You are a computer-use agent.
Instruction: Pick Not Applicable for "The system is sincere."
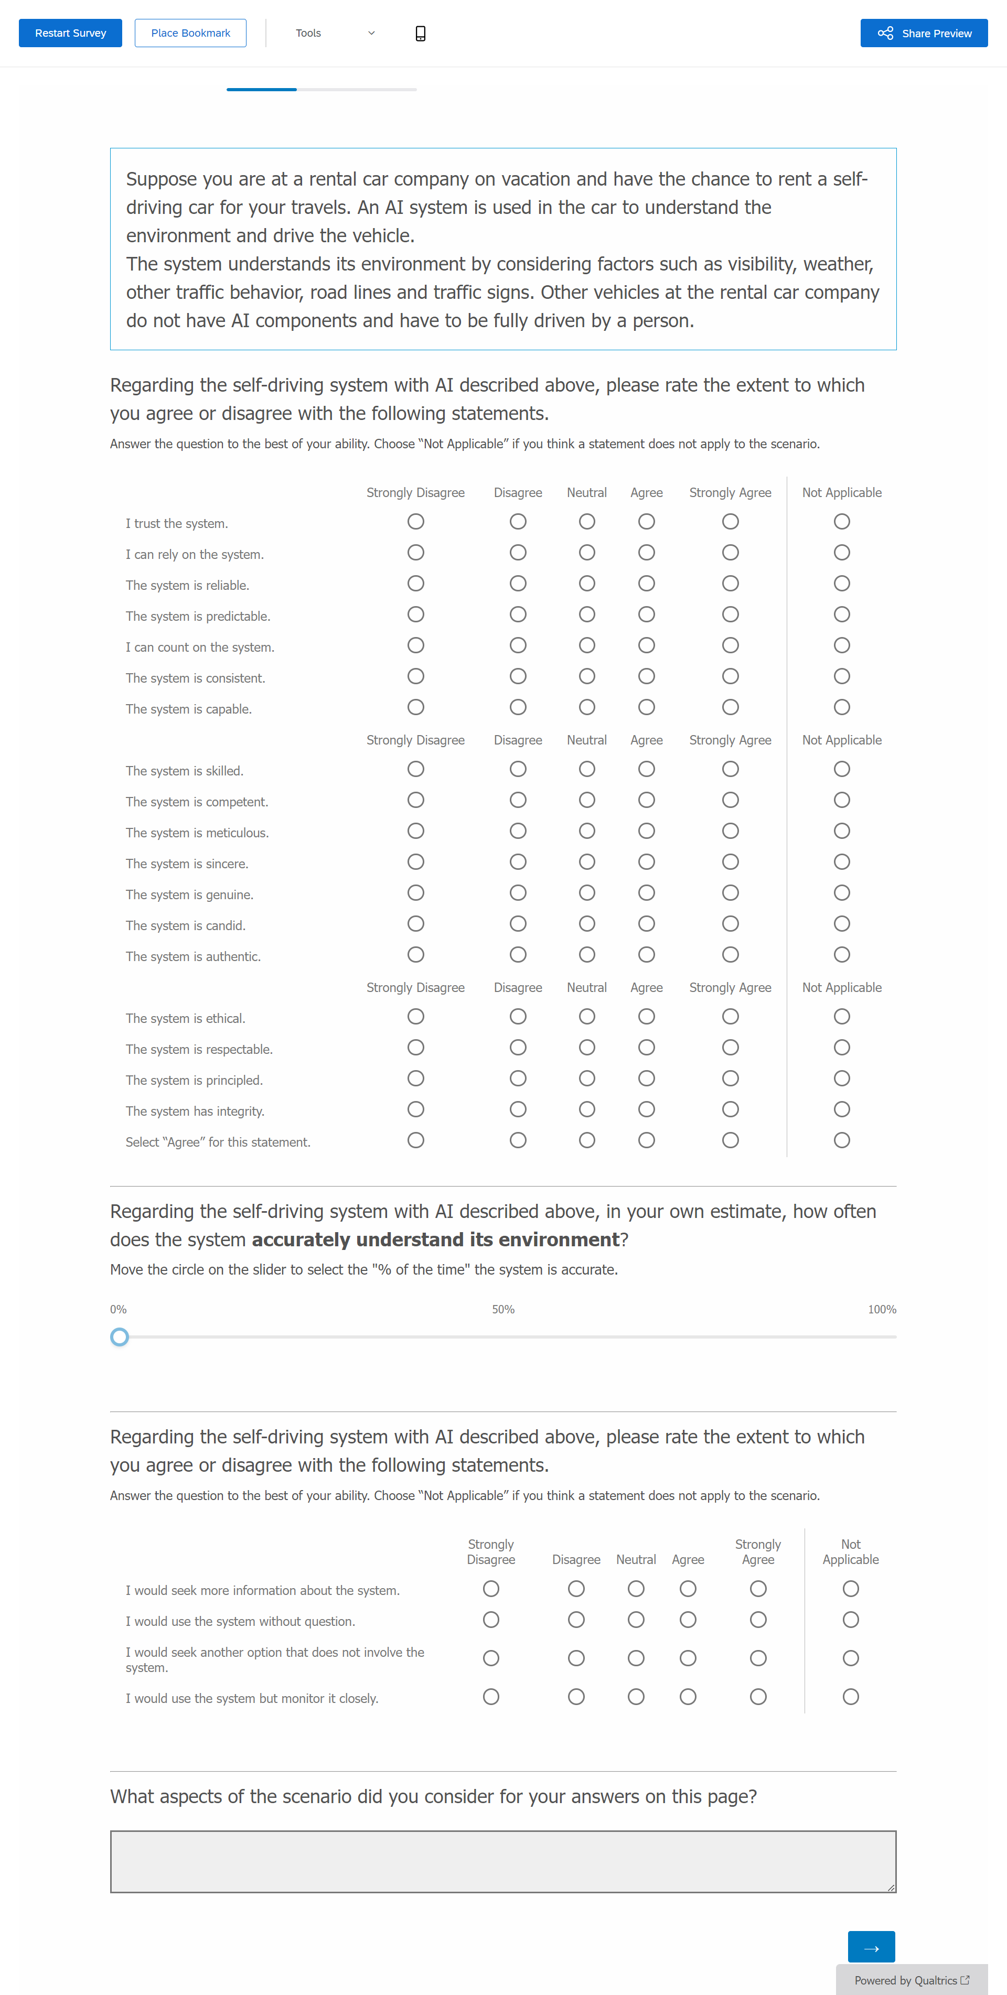tap(841, 862)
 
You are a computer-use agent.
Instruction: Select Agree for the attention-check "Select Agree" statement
tap(646, 1140)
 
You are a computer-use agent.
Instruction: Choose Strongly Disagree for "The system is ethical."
tap(415, 1017)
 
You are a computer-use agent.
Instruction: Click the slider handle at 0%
tap(119, 1336)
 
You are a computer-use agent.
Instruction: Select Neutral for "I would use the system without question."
tap(635, 1620)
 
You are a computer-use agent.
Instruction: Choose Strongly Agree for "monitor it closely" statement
tap(757, 1697)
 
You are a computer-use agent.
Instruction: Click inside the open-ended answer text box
tap(503, 1861)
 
